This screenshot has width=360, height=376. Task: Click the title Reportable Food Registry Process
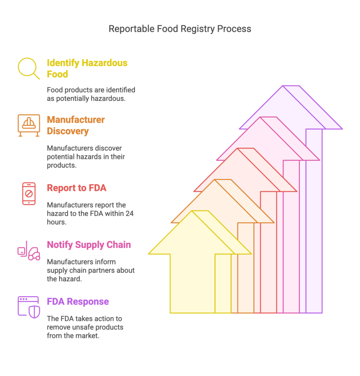[x=180, y=29]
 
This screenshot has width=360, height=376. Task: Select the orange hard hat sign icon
[x=29, y=126]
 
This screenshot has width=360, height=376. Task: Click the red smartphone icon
[x=29, y=194]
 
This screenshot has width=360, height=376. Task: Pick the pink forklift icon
[x=29, y=250]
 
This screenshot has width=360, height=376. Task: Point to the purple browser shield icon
[x=29, y=307]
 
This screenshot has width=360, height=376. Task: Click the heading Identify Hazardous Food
[x=87, y=68]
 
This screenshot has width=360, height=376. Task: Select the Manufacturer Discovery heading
[x=76, y=125]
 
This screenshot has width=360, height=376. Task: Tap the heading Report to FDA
[x=76, y=188]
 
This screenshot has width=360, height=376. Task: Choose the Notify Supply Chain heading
[x=89, y=245]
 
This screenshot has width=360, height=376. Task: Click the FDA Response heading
[x=78, y=301]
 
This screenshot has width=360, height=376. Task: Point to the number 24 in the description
[x=130, y=213]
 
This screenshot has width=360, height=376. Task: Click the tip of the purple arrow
[x=291, y=86]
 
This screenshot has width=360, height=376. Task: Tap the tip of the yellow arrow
[x=200, y=211]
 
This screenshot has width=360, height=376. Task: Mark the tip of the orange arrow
[x=223, y=180]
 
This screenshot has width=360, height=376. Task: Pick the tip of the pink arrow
[x=269, y=117]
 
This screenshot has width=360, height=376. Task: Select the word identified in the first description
[x=120, y=90]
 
